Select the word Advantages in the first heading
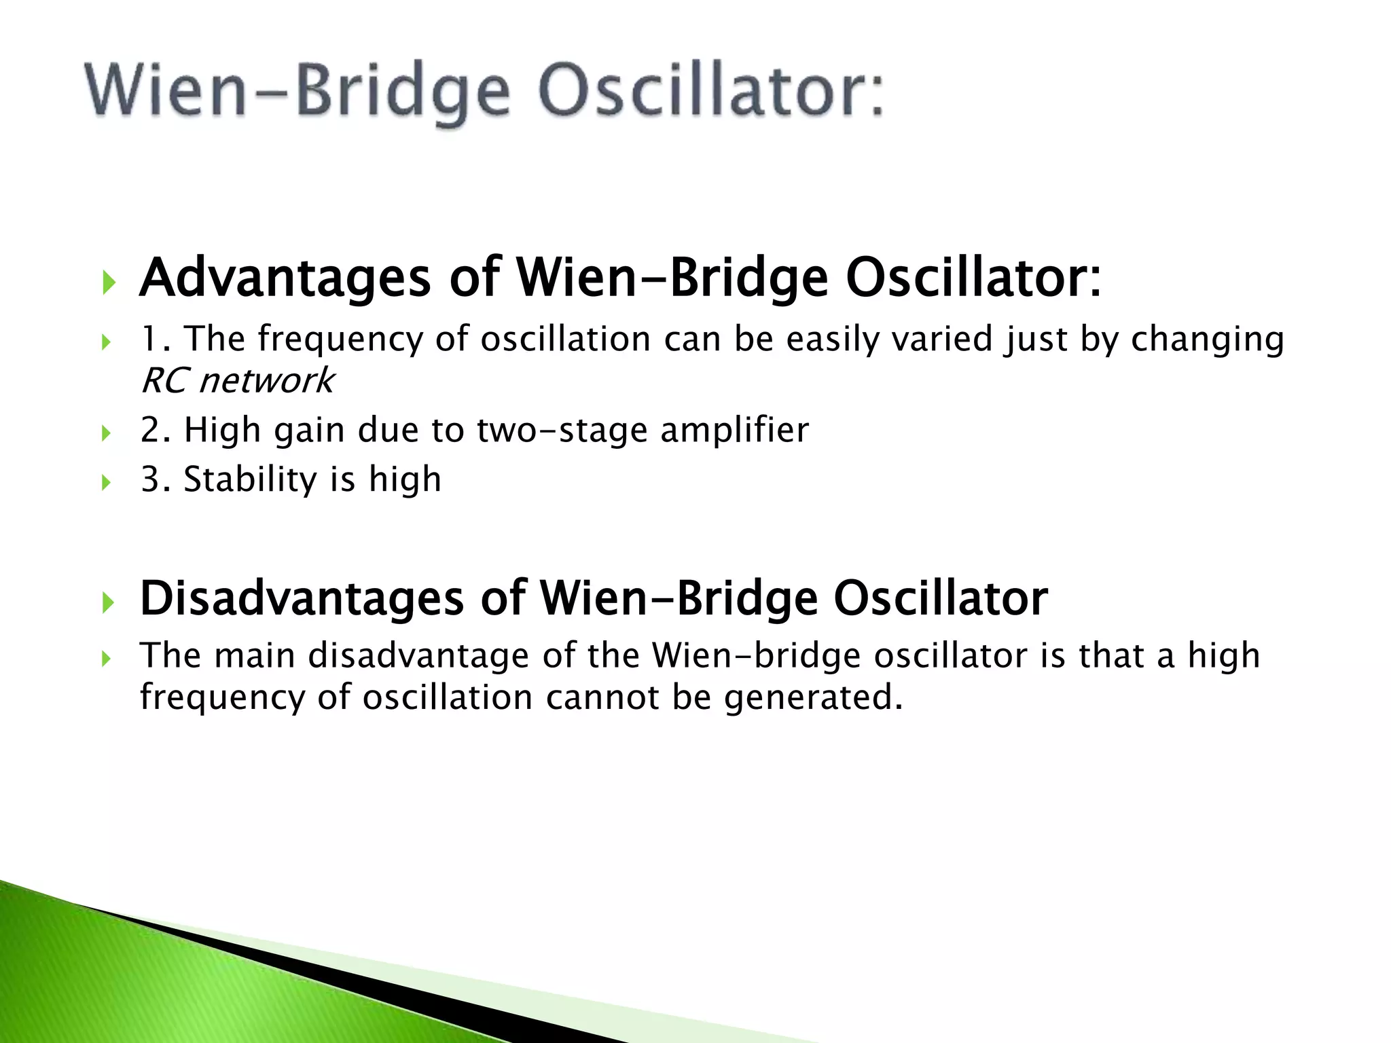pos(285,278)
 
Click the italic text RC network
pos(237,380)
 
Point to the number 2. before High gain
pos(155,431)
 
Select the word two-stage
pos(562,431)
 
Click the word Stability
pos(250,479)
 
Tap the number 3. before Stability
pos(155,479)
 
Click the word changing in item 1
pos(1207,339)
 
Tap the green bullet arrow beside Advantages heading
pos(108,281)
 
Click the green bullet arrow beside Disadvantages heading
pos(108,602)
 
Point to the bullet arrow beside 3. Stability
pos(105,483)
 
